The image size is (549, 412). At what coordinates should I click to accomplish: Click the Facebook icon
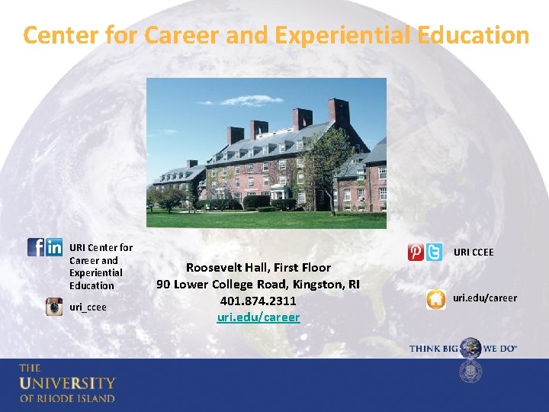[x=35, y=247]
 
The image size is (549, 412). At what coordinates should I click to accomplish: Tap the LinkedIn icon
[x=54, y=247]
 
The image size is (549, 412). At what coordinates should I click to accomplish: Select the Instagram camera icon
[x=54, y=307]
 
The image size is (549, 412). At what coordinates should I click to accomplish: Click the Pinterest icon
[x=416, y=253]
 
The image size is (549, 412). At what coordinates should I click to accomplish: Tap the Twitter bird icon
[x=434, y=253]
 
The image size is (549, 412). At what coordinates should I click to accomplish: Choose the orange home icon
[x=435, y=299]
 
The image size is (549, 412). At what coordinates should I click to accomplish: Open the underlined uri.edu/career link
[x=258, y=317]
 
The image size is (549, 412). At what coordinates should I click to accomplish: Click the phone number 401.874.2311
[x=258, y=301]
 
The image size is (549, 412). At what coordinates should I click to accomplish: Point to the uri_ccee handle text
[x=88, y=307]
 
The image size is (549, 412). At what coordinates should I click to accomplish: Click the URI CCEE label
[x=474, y=253]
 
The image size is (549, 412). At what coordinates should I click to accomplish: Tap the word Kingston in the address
[x=314, y=284]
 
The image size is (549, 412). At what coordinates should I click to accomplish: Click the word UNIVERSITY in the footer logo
[x=67, y=383]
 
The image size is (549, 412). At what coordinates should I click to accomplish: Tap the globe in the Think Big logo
[x=470, y=348]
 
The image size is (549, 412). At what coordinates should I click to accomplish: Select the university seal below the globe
[x=470, y=372]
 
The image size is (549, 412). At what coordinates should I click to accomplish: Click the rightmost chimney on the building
[x=339, y=111]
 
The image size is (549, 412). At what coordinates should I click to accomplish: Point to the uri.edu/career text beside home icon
[x=485, y=298]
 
